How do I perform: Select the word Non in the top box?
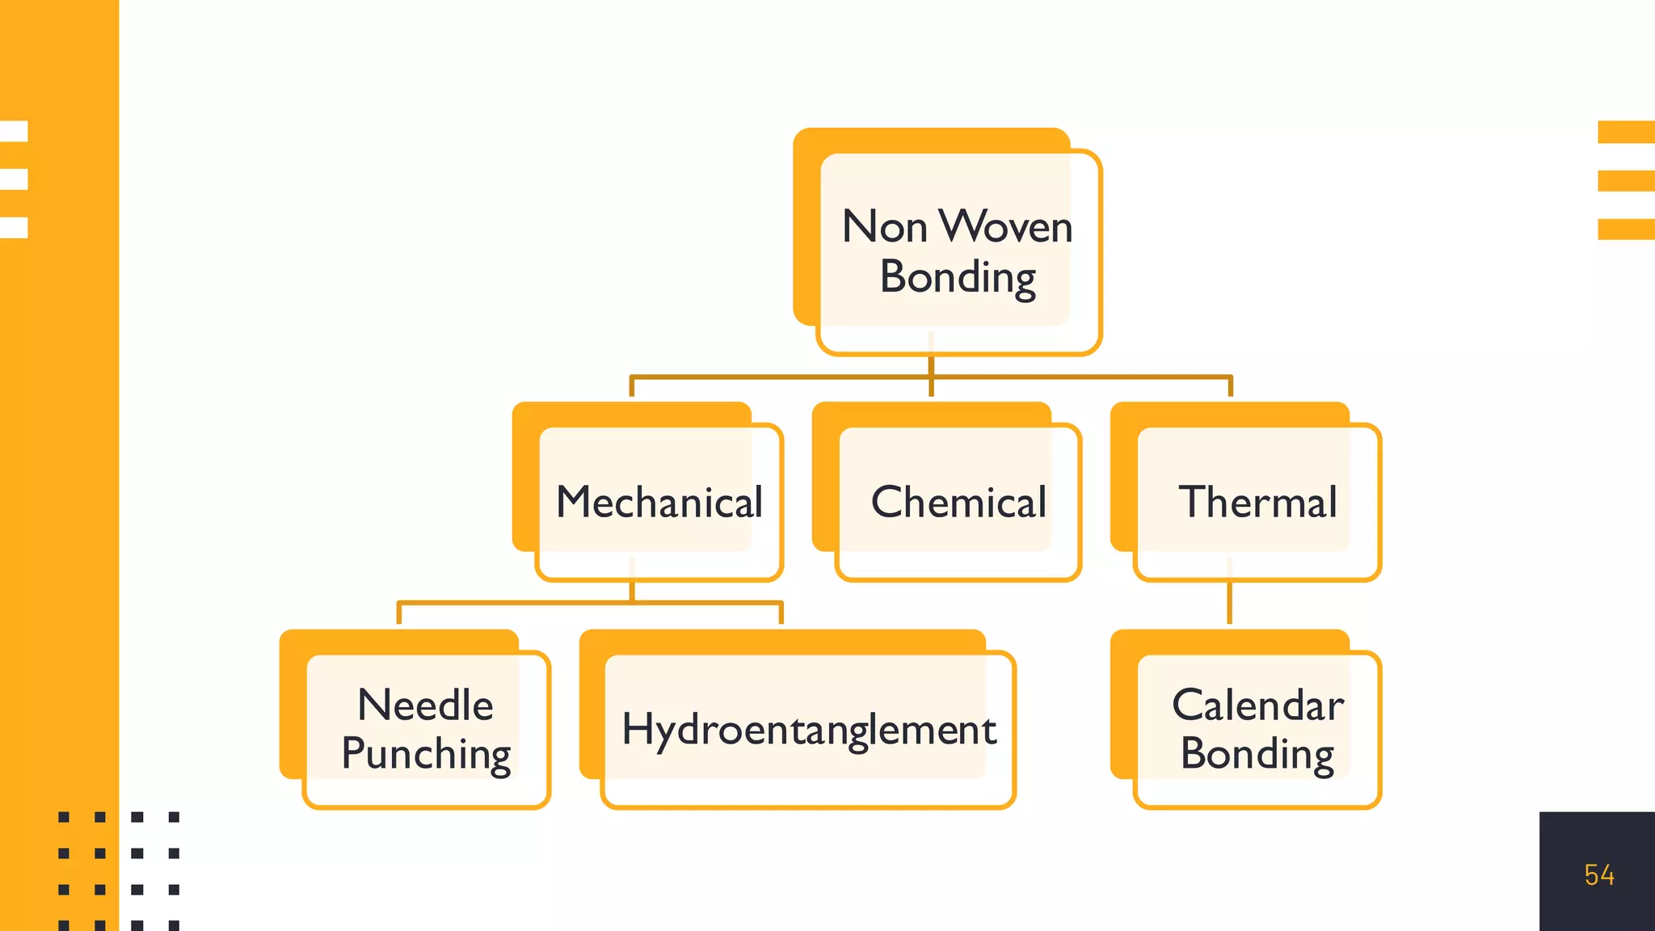[884, 226]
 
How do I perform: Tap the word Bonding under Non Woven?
[958, 278]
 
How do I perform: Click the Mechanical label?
[659, 502]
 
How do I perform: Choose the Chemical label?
[958, 502]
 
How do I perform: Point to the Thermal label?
[1257, 502]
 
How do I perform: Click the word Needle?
[425, 705]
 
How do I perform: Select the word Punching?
[426, 754]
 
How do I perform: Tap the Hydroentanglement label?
[808, 730]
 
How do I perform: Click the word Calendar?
[1257, 705]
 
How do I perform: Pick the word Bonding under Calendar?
[1257, 754]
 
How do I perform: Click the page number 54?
[1598, 875]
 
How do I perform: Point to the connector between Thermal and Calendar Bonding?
[1229, 602]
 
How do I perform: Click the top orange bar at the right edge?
[1626, 132]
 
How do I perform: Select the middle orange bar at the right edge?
[1626, 180]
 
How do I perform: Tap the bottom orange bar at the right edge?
[1626, 230]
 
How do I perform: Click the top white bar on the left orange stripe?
[14, 131]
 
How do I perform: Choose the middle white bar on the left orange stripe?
[14, 179]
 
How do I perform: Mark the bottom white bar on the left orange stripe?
[14, 227]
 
